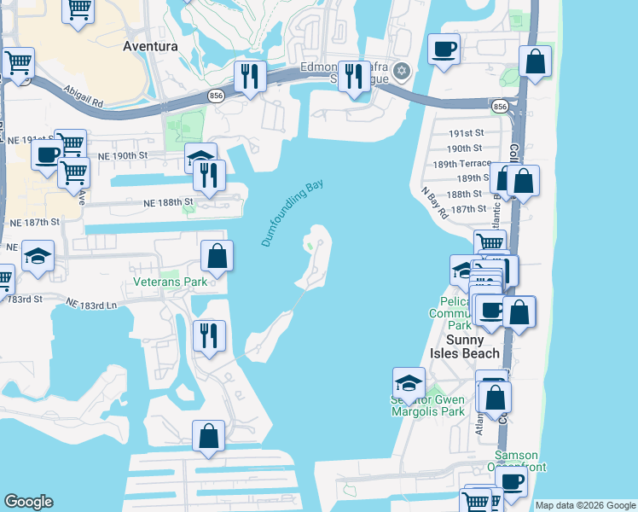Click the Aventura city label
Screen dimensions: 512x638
pyautogui.click(x=150, y=46)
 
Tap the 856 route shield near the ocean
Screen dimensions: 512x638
pyautogui.click(x=500, y=107)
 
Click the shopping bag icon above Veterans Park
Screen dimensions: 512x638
pyautogui.click(x=217, y=254)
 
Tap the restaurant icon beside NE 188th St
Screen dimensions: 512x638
pyautogui.click(x=208, y=175)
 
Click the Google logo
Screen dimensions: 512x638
pyautogui.click(x=28, y=502)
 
